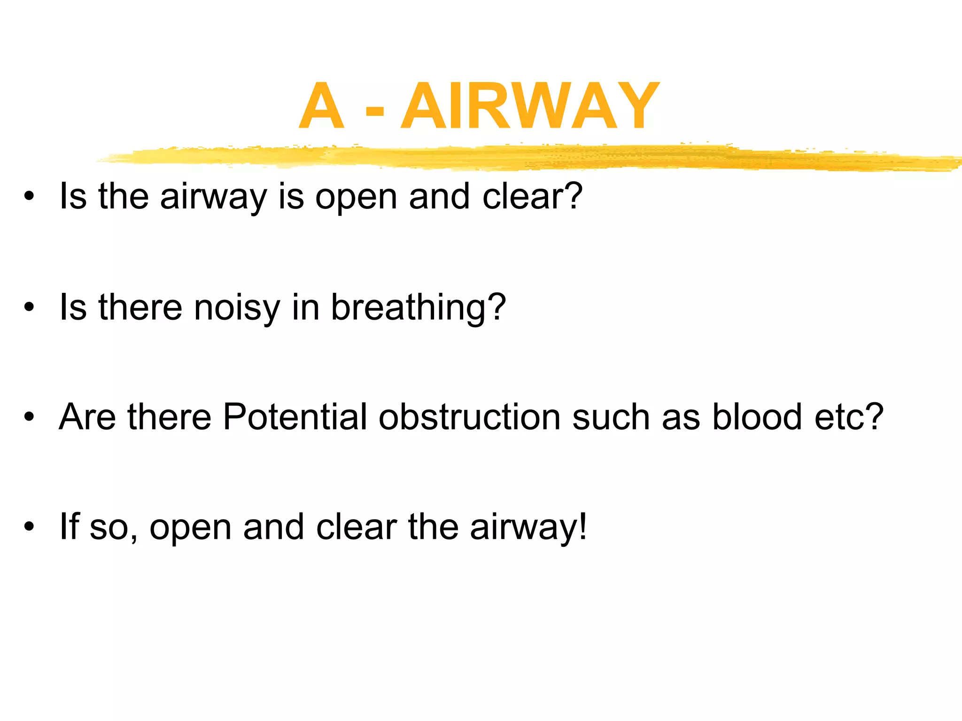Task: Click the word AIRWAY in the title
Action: point(530,106)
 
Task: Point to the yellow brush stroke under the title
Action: point(517,157)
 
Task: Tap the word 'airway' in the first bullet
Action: point(213,197)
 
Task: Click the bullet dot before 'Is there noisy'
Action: point(30,307)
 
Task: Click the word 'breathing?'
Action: point(419,307)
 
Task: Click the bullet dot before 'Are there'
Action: point(30,417)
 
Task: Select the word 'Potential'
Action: point(295,417)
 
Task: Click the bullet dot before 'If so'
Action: point(30,527)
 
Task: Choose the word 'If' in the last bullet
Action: point(69,527)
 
